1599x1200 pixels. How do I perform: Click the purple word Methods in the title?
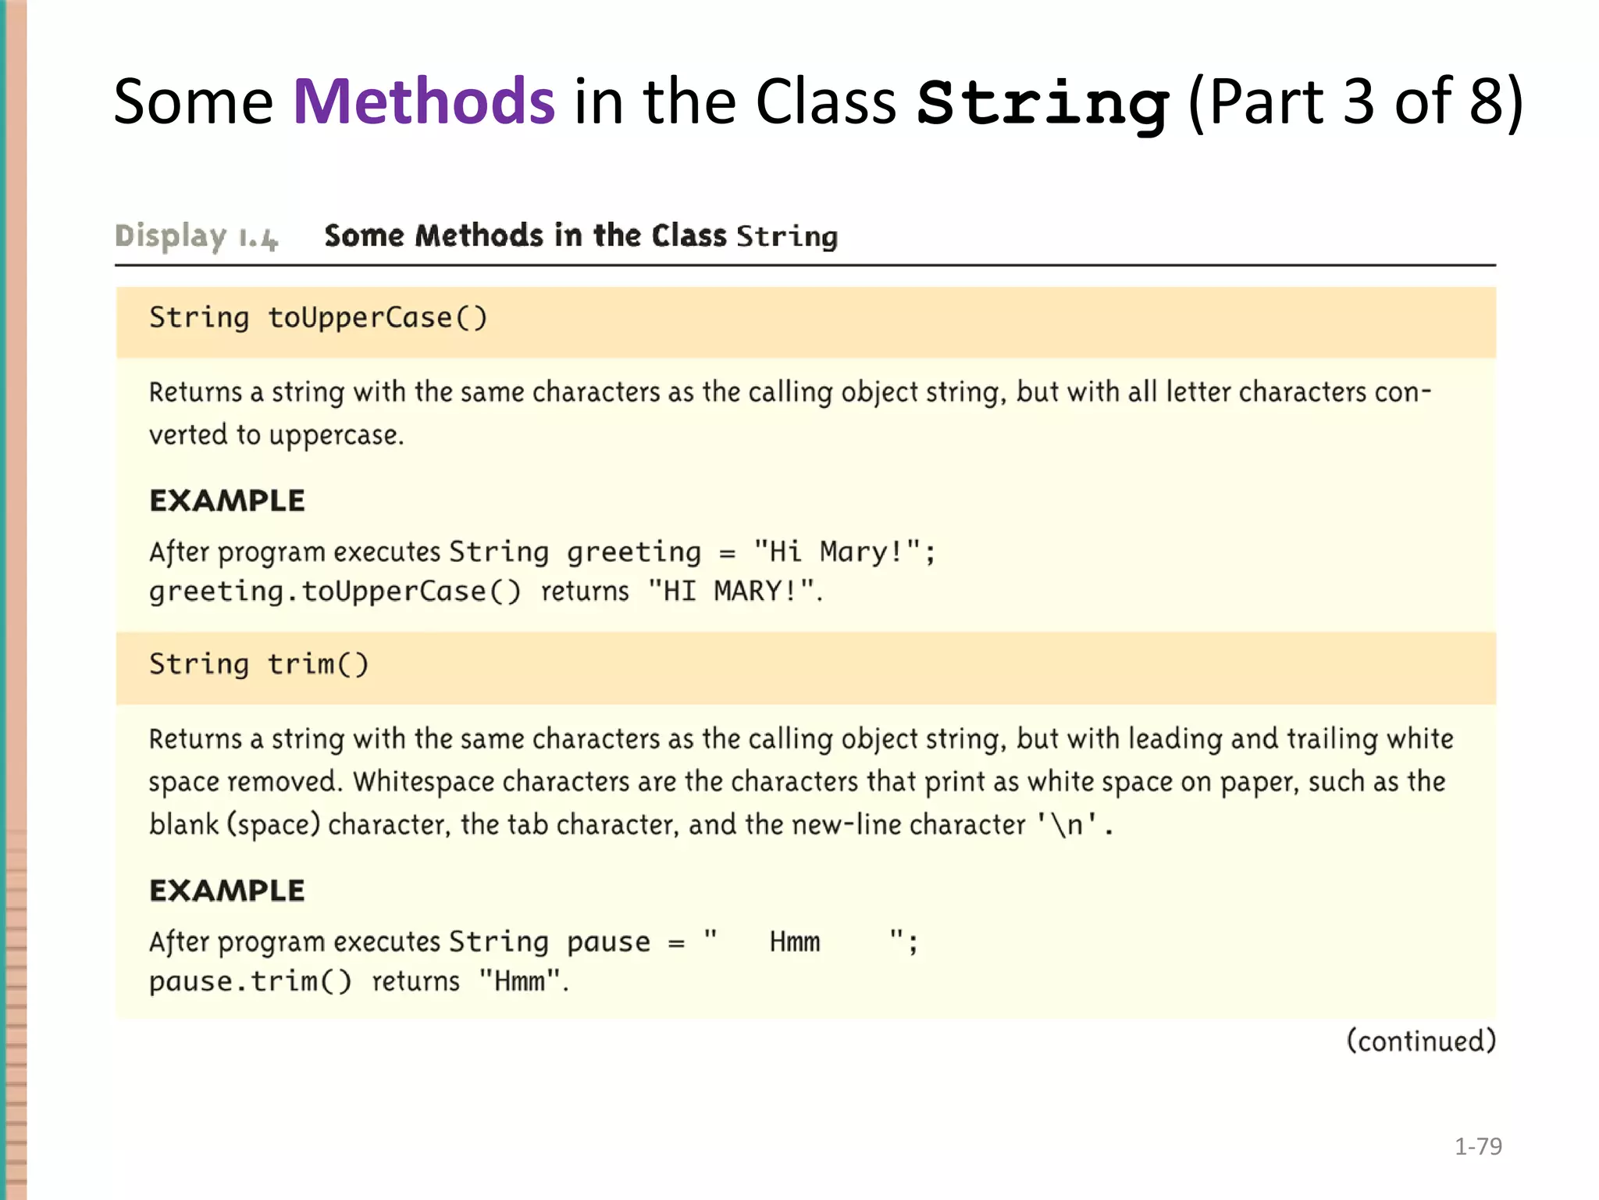424,102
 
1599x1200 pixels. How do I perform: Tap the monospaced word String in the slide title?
1042,103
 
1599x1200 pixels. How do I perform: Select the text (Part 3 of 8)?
1355,102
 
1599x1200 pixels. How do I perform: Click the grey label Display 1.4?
196,236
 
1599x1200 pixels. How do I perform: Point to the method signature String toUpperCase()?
318,318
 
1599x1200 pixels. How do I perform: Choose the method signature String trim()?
258,664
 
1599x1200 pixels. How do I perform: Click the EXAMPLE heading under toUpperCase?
227,501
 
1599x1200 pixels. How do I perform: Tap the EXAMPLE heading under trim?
227,891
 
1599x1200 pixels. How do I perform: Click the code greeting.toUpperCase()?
334,591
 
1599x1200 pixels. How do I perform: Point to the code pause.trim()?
250,981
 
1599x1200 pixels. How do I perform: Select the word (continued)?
1421,1041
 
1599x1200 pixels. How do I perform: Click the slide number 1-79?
1478,1146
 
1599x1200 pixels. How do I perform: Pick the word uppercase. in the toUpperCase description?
337,435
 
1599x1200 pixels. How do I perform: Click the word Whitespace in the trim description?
423,782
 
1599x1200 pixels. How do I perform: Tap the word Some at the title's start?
193,102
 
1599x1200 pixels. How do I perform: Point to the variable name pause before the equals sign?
608,942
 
